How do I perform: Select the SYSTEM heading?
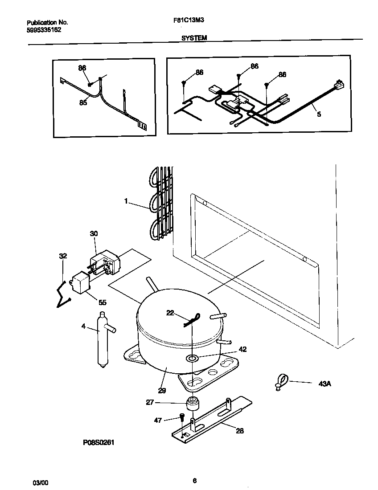click(x=194, y=38)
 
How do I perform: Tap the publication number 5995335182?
click(x=44, y=30)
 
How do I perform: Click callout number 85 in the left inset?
click(x=83, y=102)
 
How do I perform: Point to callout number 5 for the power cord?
click(x=319, y=114)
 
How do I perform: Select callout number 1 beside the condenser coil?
click(x=127, y=202)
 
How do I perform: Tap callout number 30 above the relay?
click(x=94, y=233)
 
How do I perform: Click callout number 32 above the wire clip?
click(x=63, y=256)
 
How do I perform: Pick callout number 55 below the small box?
click(x=103, y=302)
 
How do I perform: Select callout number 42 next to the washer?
click(x=242, y=349)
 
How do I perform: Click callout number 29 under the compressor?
click(x=162, y=391)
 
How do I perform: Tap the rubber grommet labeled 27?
click(x=192, y=404)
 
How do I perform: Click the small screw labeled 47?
click(x=181, y=416)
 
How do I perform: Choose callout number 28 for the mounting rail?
click(x=240, y=431)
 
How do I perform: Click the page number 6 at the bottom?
click(x=194, y=481)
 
